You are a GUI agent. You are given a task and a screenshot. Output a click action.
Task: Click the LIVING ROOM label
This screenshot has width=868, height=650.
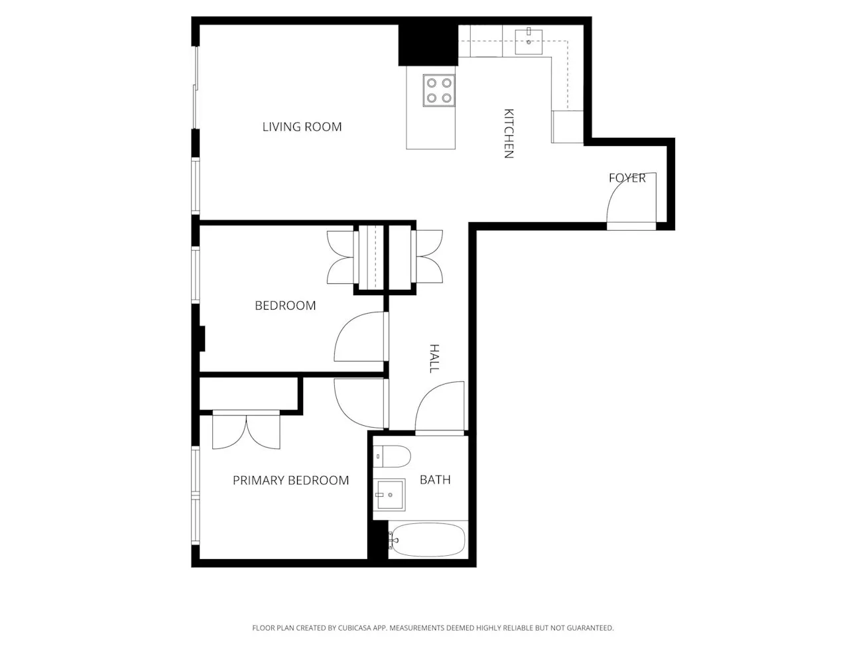point(302,127)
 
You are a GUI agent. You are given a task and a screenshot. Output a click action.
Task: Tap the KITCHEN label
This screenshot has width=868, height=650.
point(509,133)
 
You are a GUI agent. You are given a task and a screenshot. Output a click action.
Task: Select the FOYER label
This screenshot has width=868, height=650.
point(627,178)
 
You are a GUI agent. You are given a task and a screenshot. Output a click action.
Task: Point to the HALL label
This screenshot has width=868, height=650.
point(434,358)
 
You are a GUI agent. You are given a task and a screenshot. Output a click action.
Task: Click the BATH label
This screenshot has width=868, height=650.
point(435,480)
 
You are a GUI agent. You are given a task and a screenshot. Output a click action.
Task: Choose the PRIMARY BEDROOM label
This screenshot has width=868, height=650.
point(290,480)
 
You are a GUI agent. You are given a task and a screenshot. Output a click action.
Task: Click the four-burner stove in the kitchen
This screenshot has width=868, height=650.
point(439,90)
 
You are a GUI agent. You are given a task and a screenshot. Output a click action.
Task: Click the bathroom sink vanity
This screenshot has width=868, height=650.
point(389,495)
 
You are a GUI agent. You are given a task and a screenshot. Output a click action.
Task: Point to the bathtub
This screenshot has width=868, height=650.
point(428,540)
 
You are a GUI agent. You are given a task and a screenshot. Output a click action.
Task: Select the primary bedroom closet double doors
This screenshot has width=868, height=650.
point(246,431)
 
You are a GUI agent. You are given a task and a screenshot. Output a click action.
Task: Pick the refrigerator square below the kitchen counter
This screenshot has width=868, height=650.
point(567,127)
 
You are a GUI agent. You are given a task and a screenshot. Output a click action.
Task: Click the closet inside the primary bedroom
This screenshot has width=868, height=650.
point(249,394)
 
